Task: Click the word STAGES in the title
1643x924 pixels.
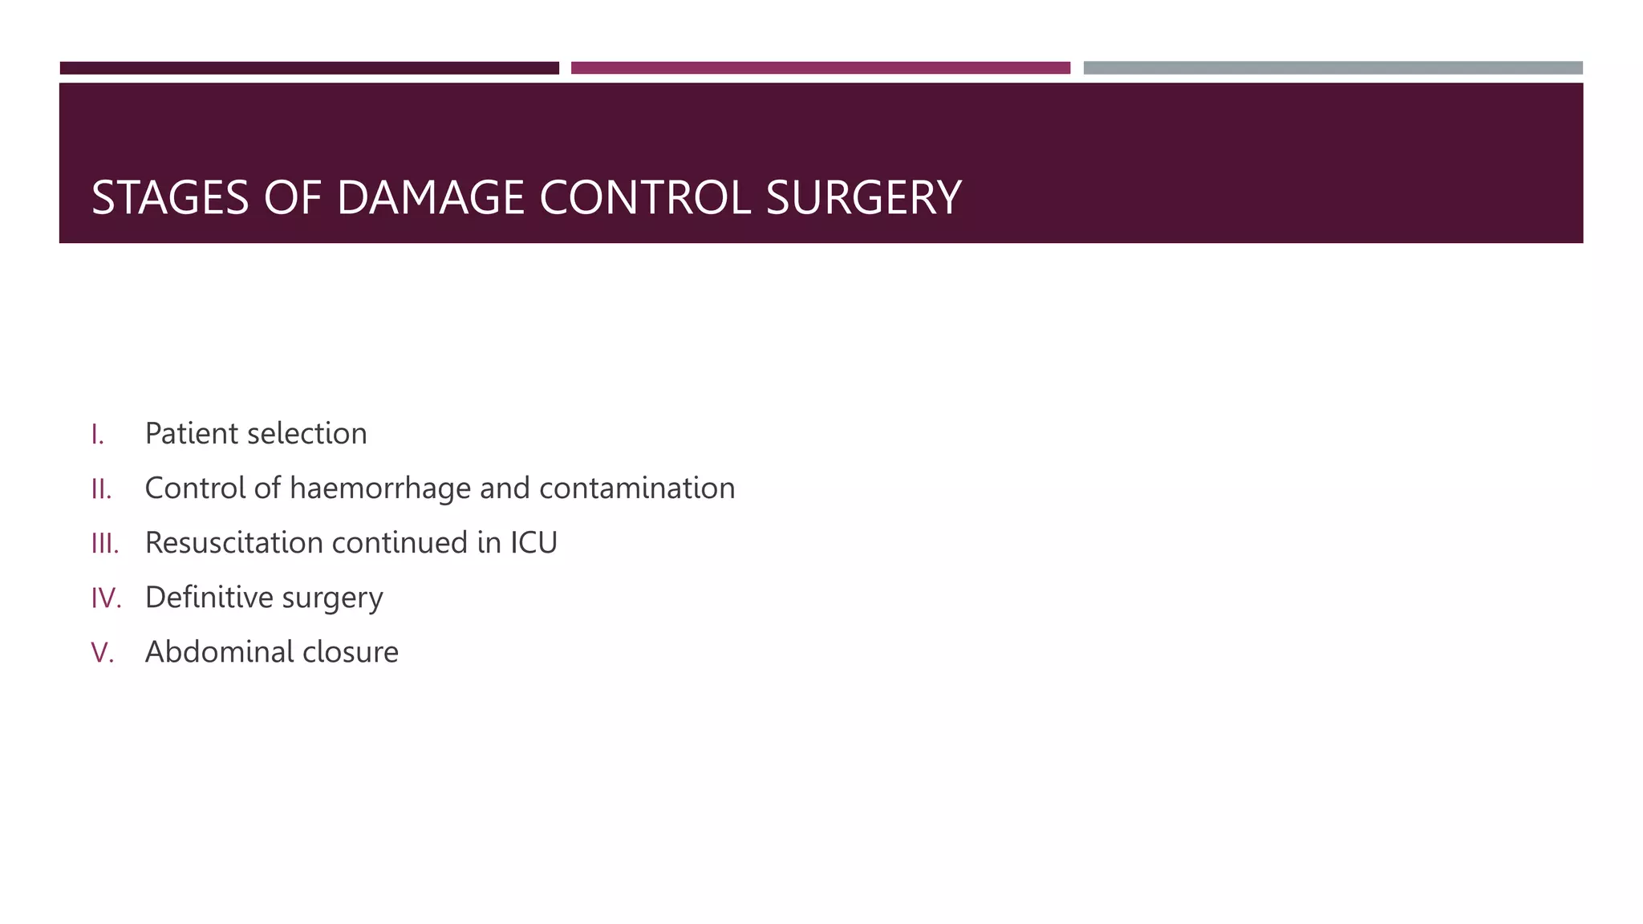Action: (x=170, y=197)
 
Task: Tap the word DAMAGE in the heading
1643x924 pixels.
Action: (x=431, y=197)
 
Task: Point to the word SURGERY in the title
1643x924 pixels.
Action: (x=863, y=197)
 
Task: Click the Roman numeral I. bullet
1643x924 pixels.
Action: (x=98, y=435)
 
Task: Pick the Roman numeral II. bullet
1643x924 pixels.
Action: (x=101, y=489)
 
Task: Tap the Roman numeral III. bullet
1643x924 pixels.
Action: (x=105, y=544)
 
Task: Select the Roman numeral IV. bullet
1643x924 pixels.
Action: (x=106, y=598)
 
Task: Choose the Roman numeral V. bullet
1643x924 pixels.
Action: (x=103, y=653)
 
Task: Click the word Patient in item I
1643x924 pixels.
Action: (x=191, y=434)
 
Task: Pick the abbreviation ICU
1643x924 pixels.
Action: (x=533, y=543)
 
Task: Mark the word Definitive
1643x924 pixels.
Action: (x=209, y=598)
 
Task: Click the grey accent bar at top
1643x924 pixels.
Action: (x=1333, y=68)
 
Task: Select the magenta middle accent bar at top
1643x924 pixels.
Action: (x=820, y=68)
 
